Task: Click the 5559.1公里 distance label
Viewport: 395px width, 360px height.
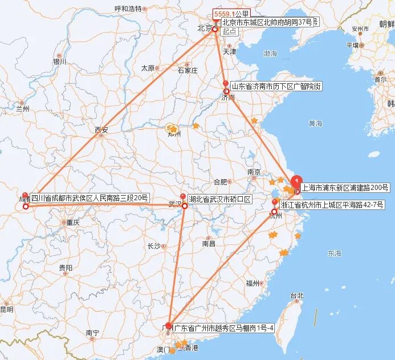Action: pos(231,14)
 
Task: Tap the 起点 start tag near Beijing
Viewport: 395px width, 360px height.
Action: pos(229,32)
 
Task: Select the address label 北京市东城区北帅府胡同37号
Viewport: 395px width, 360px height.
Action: pos(267,22)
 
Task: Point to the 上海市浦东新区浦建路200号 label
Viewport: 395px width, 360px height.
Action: pos(345,187)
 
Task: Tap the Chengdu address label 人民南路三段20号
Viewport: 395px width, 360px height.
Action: pos(89,199)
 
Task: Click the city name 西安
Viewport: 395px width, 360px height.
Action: pos(101,130)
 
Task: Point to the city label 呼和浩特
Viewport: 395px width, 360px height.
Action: pos(128,9)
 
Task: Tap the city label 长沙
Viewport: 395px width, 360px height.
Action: pos(154,246)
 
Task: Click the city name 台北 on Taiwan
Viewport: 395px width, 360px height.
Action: pos(297,296)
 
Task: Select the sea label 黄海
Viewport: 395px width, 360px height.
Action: pos(315,123)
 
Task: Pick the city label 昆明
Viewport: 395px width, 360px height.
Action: pos(6,309)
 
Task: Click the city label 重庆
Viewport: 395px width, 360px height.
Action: pos(72,223)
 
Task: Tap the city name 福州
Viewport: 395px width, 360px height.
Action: pos(253,283)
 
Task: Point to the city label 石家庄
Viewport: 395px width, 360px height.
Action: pos(187,71)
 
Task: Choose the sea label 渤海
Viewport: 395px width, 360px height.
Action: pos(270,54)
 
